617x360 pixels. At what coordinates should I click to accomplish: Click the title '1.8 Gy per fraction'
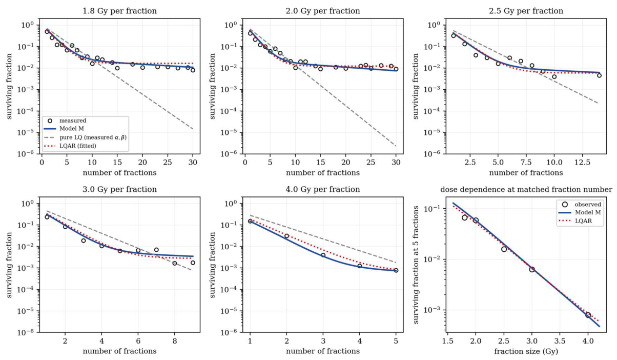click(x=119, y=11)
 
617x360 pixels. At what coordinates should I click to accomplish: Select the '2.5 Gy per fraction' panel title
click(x=526, y=11)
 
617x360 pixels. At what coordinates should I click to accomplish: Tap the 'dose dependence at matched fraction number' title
click(x=526, y=189)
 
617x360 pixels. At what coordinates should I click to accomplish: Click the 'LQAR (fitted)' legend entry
click(x=78, y=146)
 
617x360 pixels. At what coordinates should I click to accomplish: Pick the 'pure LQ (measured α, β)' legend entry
click(x=93, y=137)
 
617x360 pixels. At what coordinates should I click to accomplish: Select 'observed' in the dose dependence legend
click(x=587, y=204)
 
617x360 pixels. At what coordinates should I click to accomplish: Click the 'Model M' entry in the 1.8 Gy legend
click(x=72, y=128)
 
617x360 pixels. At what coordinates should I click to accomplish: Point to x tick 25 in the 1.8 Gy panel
click(x=168, y=163)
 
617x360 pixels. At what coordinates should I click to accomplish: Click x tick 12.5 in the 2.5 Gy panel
click(x=583, y=163)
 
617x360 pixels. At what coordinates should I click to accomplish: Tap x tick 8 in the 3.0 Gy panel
click(x=175, y=341)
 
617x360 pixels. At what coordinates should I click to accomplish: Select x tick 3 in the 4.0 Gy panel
click(x=323, y=341)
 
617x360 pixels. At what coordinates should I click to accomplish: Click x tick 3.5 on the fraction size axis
click(x=560, y=341)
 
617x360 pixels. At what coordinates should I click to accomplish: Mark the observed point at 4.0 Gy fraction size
click(x=588, y=315)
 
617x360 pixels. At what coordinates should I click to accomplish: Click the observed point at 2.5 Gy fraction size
click(x=504, y=249)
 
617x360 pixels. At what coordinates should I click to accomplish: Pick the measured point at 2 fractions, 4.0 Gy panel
click(x=287, y=236)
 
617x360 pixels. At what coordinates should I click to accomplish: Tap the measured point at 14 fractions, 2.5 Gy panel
click(x=599, y=75)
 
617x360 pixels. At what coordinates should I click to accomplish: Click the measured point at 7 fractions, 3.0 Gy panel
click(x=156, y=250)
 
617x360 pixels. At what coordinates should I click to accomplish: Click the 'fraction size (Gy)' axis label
click(x=526, y=351)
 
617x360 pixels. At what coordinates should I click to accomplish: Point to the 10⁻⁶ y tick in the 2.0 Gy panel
click(x=231, y=153)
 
